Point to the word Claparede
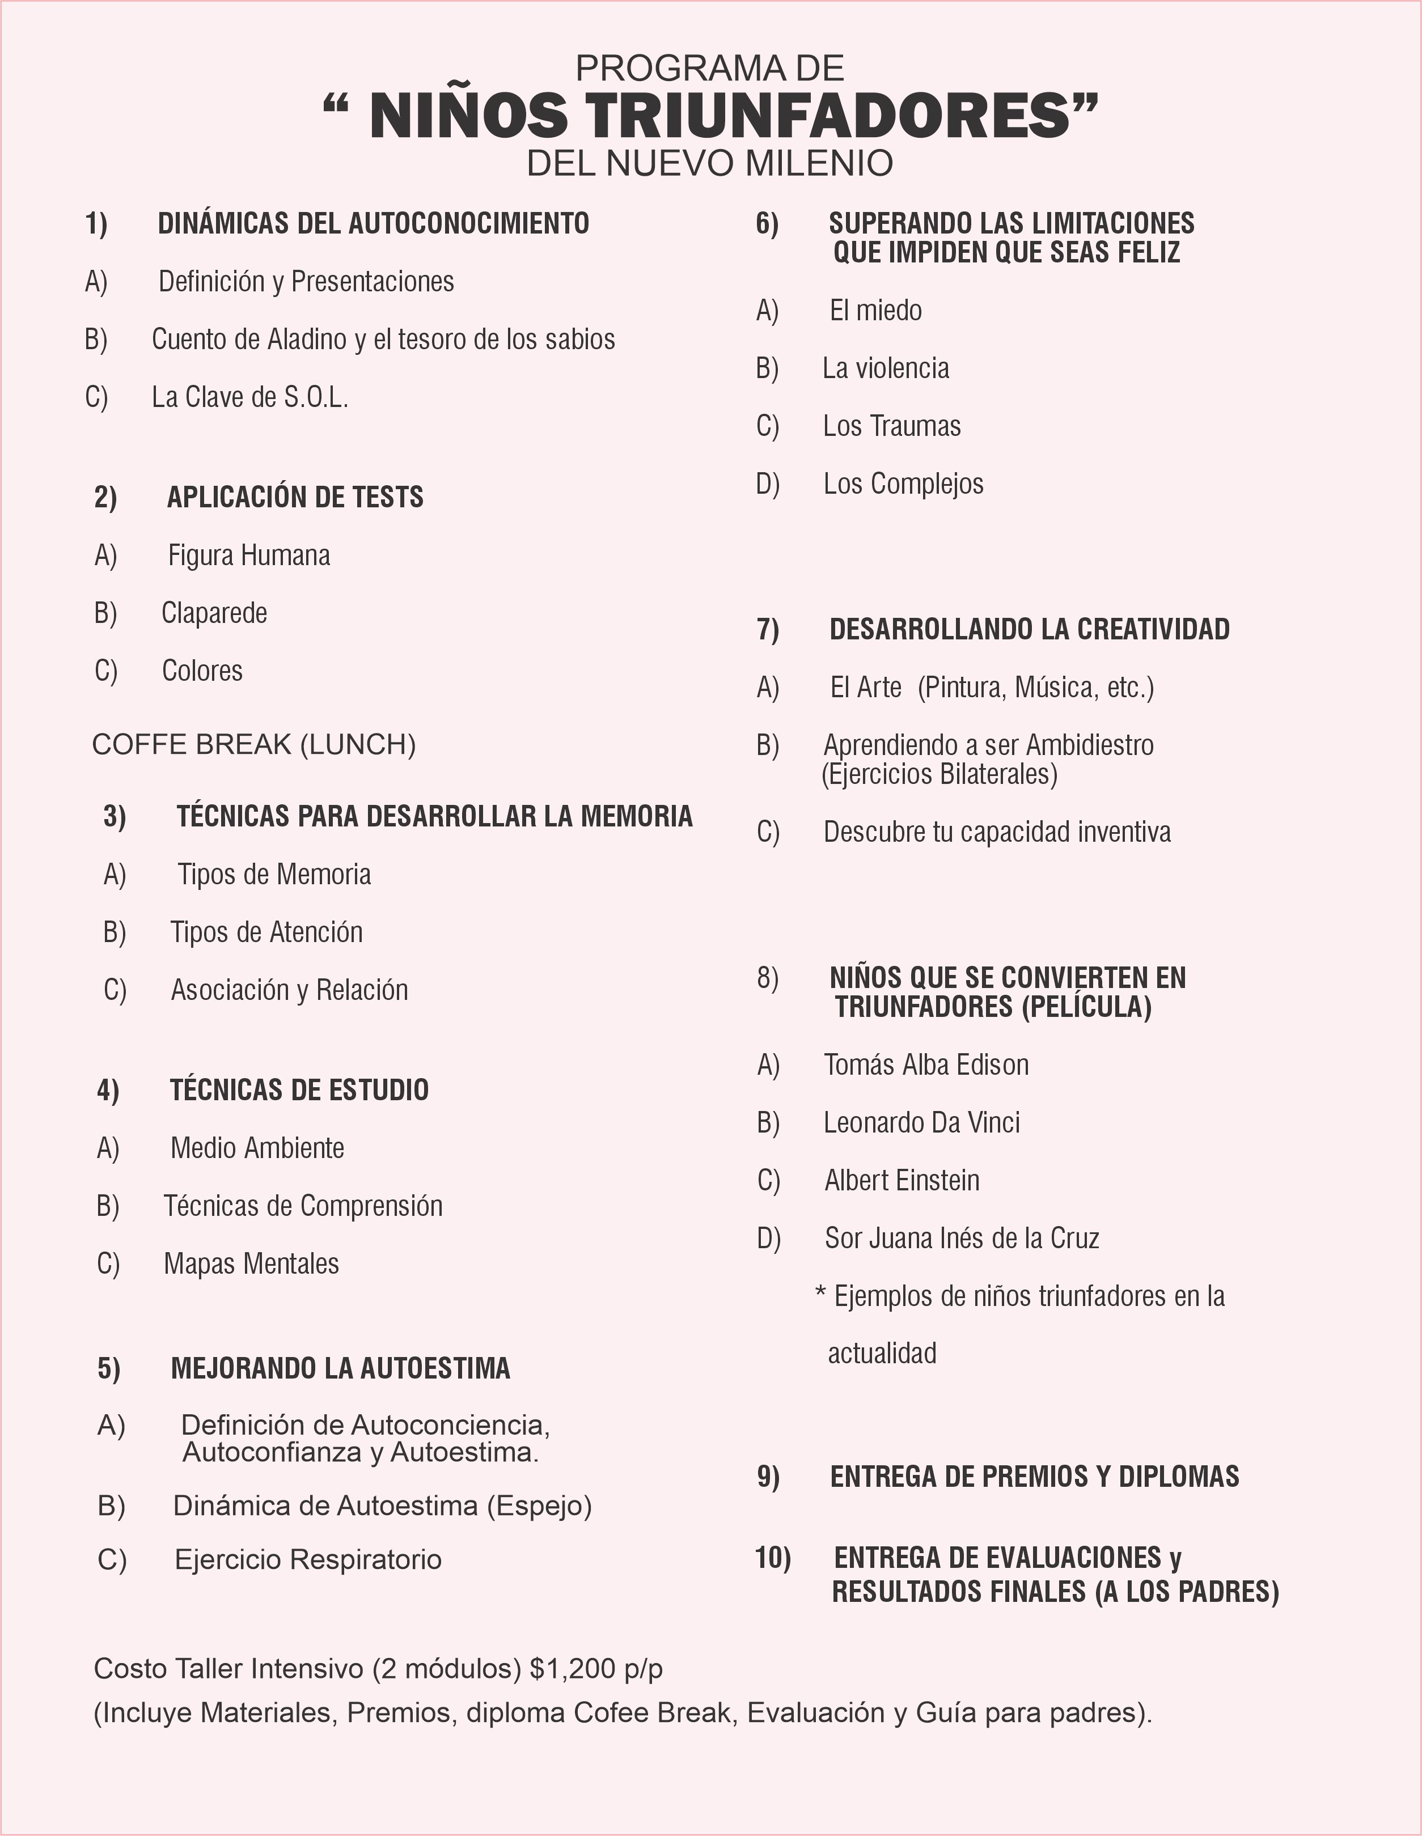pos(214,614)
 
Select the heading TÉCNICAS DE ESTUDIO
pos(299,1091)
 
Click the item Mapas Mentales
pos(251,1265)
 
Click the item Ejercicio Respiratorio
pos(308,1559)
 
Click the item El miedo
pos(875,311)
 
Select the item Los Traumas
pos(891,426)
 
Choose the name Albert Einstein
pos(902,1181)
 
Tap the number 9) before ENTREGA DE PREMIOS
pos(768,1478)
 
